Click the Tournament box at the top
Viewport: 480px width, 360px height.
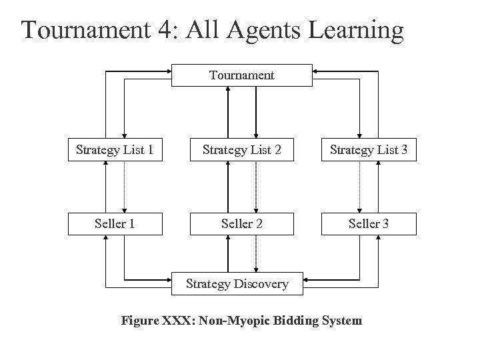pyautogui.click(x=241, y=75)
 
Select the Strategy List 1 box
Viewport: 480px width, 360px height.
pyautogui.click(x=115, y=150)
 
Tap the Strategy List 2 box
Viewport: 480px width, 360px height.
pyautogui.click(x=241, y=150)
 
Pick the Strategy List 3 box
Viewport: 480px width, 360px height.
pyautogui.click(x=369, y=150)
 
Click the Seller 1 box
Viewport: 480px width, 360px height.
pyautogui.click(x=115, y=223)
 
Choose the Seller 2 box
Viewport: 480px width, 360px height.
pyautogui.click(x=241, y=223)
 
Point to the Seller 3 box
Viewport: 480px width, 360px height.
pyautogui.click(x=369, y=223)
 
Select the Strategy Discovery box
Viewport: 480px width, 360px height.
pyautogui.click(x=237, y=283)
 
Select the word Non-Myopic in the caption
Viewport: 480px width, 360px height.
pyautogui.click(x=225, y=321)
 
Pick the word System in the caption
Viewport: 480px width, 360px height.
pyautogui.click(x=340, y=321)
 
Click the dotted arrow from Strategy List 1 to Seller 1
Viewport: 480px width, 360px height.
pyautogui.click(x=125, y=187)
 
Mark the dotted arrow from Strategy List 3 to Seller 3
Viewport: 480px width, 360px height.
pyautogui.click(x=359, y=187)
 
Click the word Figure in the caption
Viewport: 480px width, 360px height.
pyautogui.click(x=137, y=321)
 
